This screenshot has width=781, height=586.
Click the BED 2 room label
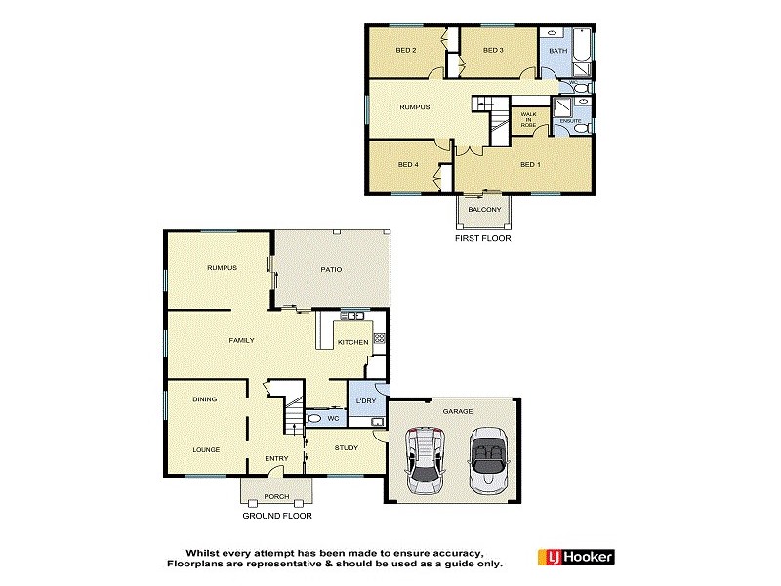click(406, 50)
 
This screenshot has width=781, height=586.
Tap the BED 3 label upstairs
click(493, 50)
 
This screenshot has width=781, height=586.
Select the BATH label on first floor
click(557, 50)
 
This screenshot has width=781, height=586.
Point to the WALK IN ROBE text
click(528, 120)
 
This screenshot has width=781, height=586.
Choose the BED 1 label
click(530, 164)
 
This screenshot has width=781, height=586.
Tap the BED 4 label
click(408, 164)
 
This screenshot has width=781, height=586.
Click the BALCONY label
click(484, 210)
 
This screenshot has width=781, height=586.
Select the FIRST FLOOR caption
click(483, 238)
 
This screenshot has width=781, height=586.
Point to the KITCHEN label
click(352, 342)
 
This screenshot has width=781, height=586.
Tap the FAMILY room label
click(241, 340)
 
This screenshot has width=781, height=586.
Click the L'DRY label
click(366, 401)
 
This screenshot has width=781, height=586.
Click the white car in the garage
click(425, 461)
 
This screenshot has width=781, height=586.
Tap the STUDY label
click(346, 448)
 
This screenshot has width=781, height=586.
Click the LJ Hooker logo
click(576, 558)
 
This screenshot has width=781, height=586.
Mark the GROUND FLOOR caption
click(277, 515)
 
